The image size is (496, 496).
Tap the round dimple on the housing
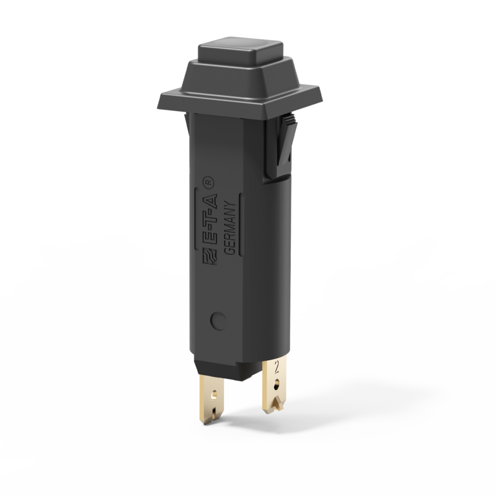pos(217,321)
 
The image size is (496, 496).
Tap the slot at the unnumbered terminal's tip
pos(215,412)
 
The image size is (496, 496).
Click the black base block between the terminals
pos(239,368)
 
